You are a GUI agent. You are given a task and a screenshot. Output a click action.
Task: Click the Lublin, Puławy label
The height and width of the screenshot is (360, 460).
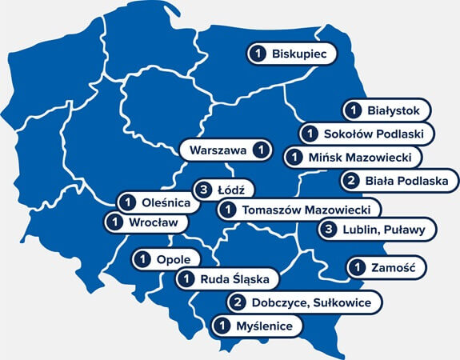[387, 230]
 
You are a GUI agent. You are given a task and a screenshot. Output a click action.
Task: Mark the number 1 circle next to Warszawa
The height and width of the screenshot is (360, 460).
[260, 150]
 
